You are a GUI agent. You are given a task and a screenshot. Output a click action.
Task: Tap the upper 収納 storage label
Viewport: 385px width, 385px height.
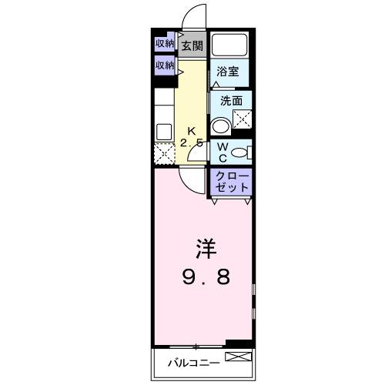click(x=165, y=43)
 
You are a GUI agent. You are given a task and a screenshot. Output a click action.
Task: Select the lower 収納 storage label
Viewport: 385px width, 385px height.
click(x=165, y=65)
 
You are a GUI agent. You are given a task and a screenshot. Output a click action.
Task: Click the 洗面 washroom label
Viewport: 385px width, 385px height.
click(x=231, y=100)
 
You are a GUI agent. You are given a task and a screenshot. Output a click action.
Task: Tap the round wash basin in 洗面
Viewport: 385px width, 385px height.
click(x=221, y=126)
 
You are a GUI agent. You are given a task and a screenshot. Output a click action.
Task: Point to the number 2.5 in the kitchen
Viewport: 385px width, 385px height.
click(x=192, y=142)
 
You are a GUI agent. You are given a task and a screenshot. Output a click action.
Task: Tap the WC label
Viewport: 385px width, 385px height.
click(x=221, y=152)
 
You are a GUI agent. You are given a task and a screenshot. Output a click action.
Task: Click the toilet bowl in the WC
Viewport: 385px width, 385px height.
click(x=242, y=152)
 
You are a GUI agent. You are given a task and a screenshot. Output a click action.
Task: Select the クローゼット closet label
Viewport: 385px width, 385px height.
click(x=233, y=182)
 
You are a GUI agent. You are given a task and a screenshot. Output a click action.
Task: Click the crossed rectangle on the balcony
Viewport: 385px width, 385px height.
click(x=236, y=357)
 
